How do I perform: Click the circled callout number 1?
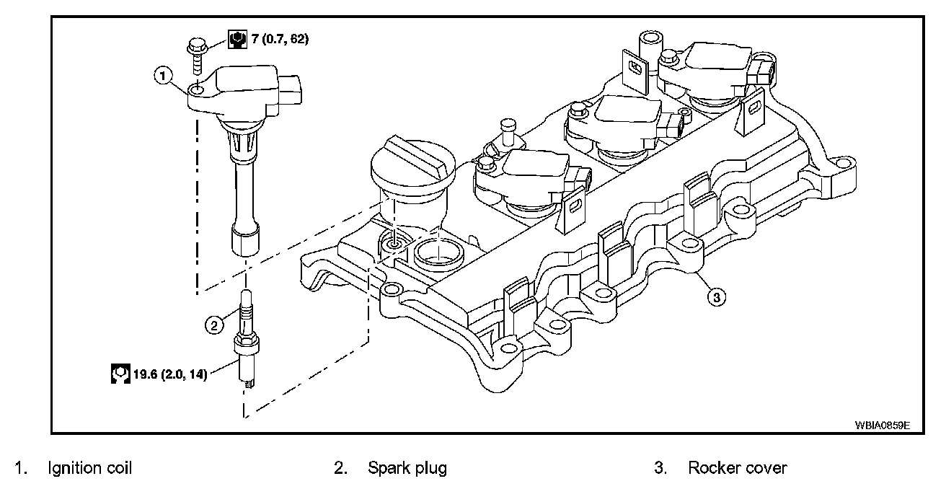pyautogui.click(x=164, y=74)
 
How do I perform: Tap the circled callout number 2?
pyautogui.click(x=213, y=325)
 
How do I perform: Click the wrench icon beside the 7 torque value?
pyautogui.click(x=236, y=39)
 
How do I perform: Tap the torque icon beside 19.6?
pyautogui.click(x=120, y=374)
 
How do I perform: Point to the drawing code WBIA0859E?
pyautogui.click(x=883, y=425)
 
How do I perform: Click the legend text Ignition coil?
pyautogui.click(x=90, y=468)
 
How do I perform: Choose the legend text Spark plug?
pyautogui.click(x=407, y=468)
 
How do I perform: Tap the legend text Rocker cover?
pyautogui.click(x=738, y=468)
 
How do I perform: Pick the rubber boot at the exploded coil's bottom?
pyautogui.click(x=244, y=239)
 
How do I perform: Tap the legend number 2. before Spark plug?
pyautogui.click(x=340, y=468)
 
